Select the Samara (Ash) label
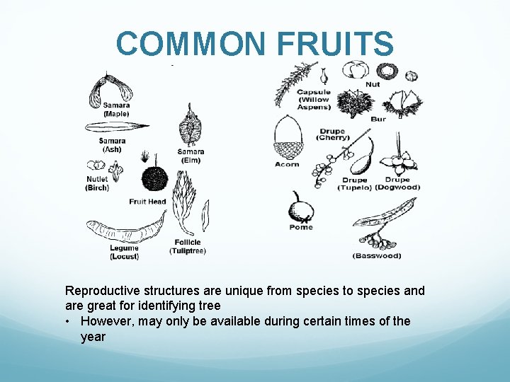(x=112, y=145)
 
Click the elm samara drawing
(x=189, y=128)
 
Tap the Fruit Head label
(x=147, y=202)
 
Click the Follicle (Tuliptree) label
(x=186, y=247)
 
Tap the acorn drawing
(x=288, y=140)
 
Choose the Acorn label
(x=287, y=164)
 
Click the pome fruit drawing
(x=302, y=208)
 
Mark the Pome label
(x=301, y=228)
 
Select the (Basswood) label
(x=376, y=255)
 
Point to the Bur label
(x=378, y=119)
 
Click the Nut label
(x=373, y=84)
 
